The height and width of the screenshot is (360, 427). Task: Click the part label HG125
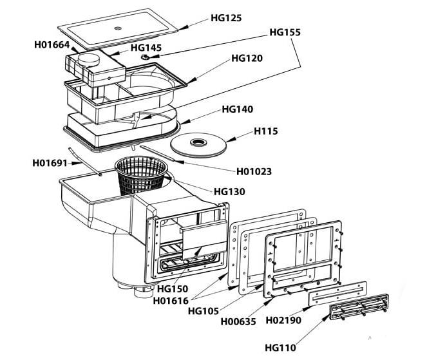click(227, 18)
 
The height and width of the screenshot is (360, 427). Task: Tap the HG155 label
click(285, 32)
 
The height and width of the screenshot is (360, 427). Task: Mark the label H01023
click(254, 171)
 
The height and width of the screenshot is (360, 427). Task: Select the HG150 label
click(172, 289)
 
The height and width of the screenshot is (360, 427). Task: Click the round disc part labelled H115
click(199, 144)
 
